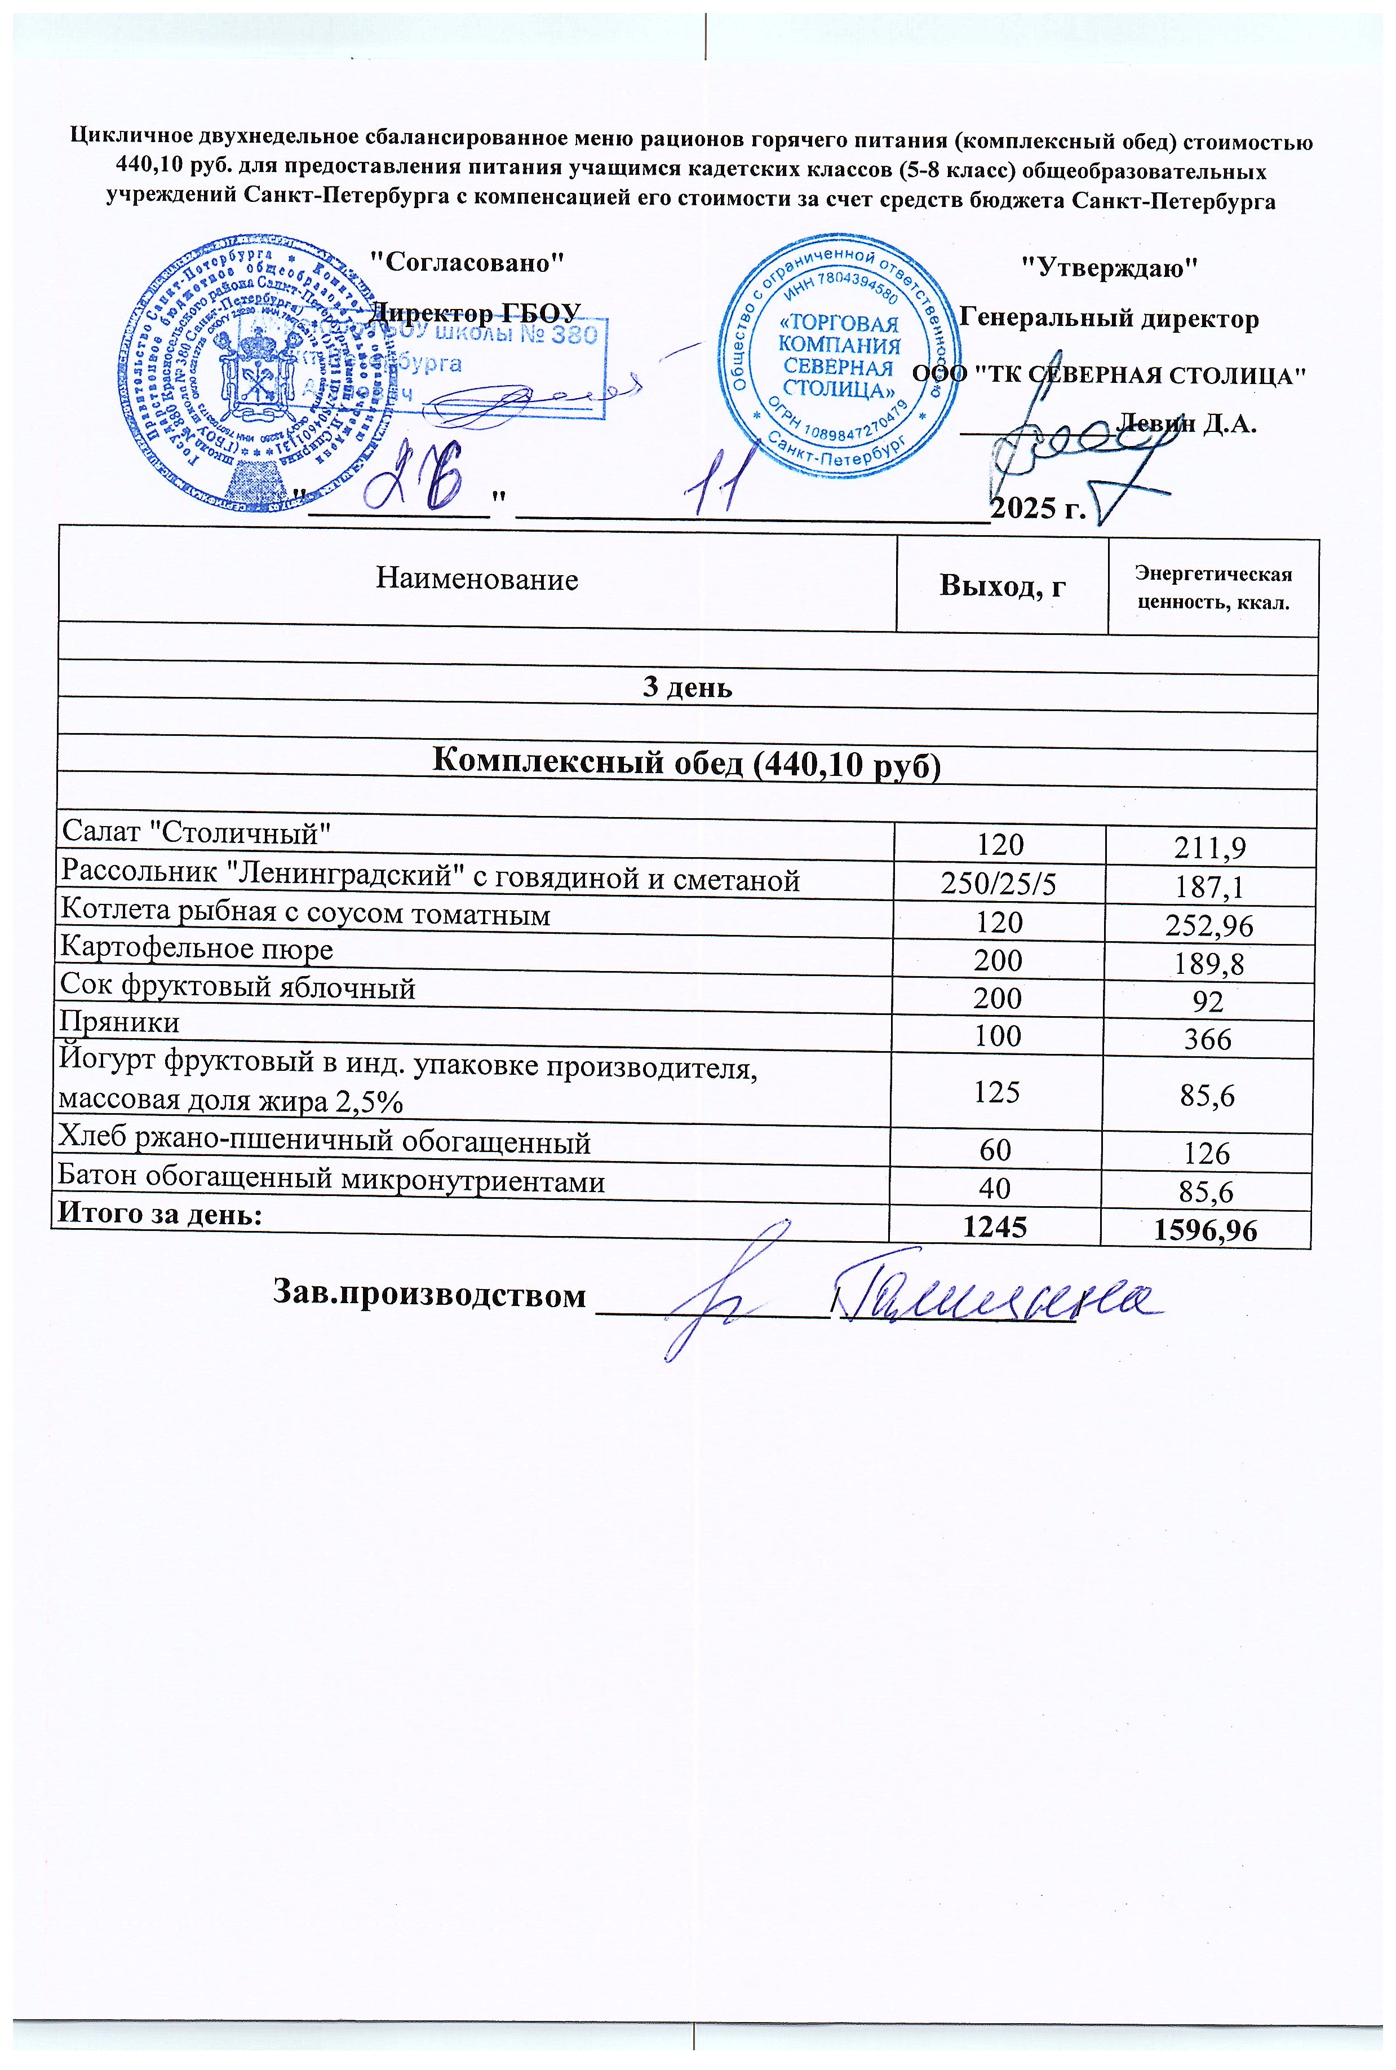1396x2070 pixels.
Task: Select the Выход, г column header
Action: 1003,586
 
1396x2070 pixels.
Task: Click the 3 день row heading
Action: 688,687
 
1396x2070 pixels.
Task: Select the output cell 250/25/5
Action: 998,882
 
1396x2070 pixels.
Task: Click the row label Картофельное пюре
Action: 196,950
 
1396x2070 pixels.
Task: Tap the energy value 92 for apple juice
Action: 1209,1002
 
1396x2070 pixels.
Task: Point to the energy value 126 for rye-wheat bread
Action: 1208,1154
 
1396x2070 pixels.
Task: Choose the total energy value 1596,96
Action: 1207,1231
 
